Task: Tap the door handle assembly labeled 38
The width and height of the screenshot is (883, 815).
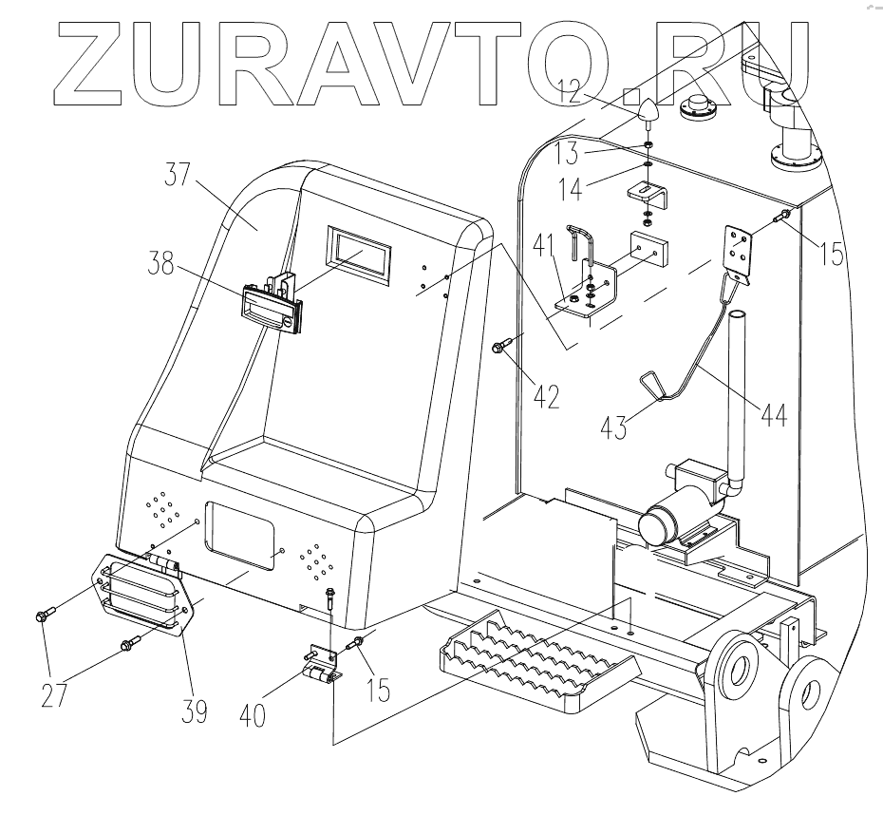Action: [272, 304]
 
